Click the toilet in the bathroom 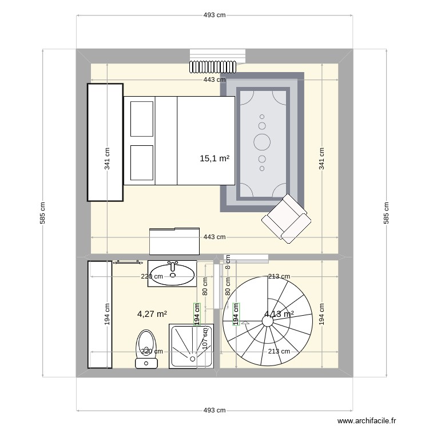click(x=146, y=348)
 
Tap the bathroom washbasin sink click(x=172, y=273)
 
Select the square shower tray click(x=191, y=346)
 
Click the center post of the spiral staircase click(x=267, y=321)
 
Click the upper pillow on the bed click(x=141, y=119)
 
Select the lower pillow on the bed click(x=141, y=162)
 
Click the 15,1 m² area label click(x=214, y=158)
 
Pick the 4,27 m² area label click(x=152, y=313)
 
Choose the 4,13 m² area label click(x=279, y=313)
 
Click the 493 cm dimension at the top click(x=214, y=15)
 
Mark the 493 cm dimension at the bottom click(x=214, y=410)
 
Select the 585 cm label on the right click(x=386, y=213)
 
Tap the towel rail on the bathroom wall click(x=129, y=263)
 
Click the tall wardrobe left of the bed click(x=105, y=142)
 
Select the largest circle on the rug click(x=262, y=140)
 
